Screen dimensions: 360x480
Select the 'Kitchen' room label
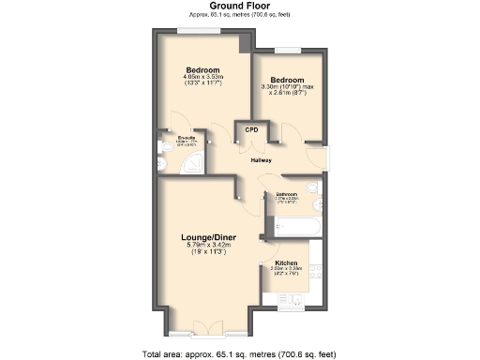coord(286,262)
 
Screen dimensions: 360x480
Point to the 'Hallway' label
coord(262,160)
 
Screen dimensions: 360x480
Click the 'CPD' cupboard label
coord(251,130)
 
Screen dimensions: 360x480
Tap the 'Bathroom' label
coord(286,194)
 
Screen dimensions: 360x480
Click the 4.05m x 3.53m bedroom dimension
coord(202,80)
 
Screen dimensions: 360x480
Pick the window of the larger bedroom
coord(201,32)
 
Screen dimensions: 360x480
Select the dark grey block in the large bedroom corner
coord(247,42)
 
